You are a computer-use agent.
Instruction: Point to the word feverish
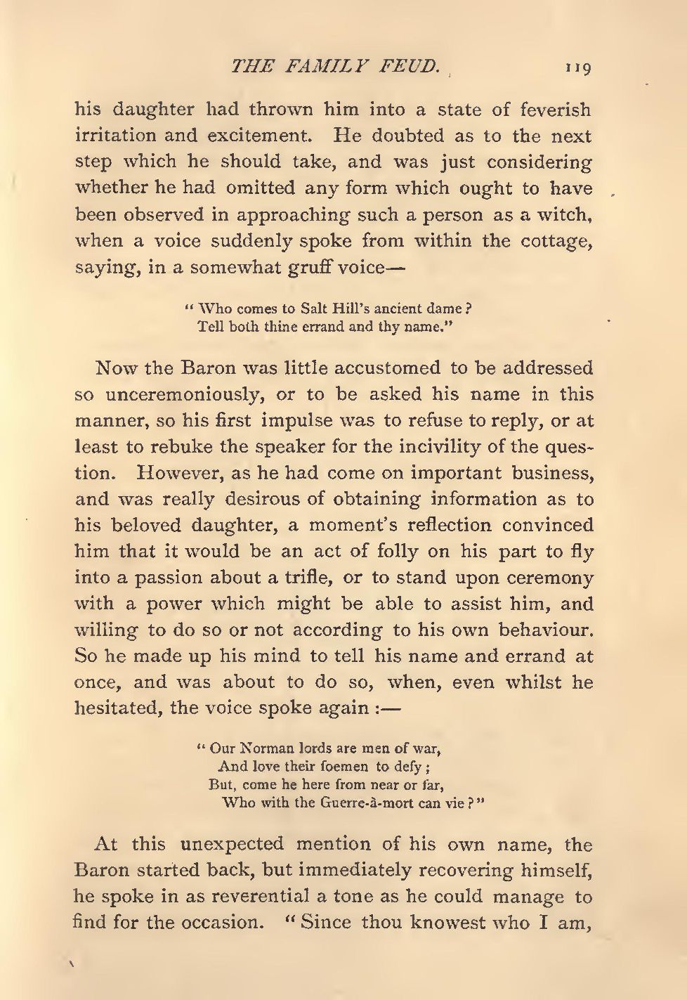coord(549,110)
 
